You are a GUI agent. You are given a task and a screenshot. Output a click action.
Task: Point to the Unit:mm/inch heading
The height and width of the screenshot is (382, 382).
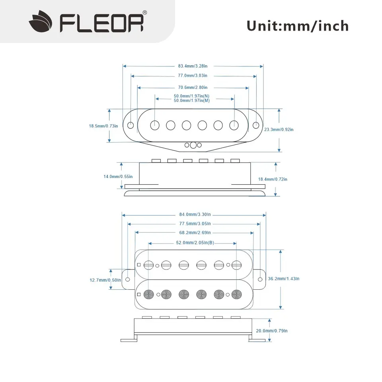298,26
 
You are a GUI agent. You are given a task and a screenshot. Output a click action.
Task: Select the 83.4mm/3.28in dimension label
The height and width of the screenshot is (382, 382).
193,66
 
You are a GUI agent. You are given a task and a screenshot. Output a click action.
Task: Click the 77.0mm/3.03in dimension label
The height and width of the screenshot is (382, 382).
193,76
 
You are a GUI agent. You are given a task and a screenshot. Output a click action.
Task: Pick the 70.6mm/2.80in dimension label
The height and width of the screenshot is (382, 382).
193,87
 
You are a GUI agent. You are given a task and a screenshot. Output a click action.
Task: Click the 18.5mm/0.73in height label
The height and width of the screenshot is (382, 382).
103,126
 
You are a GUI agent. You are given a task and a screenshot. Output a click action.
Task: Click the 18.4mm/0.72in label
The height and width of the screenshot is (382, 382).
284,179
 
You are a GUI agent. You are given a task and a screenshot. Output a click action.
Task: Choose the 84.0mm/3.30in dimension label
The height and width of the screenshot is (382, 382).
195,214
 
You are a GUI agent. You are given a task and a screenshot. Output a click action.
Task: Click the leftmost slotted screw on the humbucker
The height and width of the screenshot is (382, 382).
149,264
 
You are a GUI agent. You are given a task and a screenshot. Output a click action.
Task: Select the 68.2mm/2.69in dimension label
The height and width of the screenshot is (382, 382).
195,232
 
